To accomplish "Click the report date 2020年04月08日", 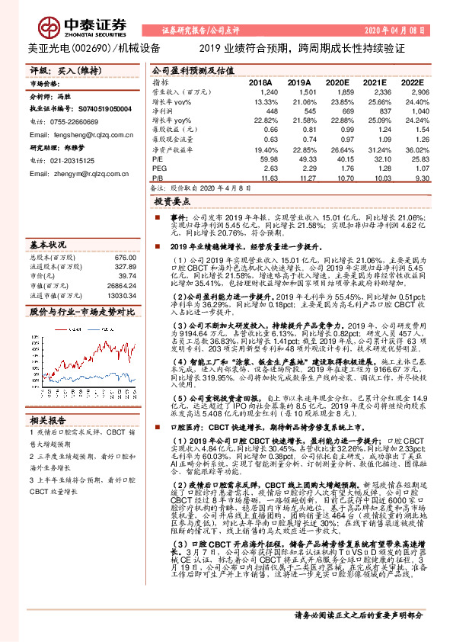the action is click(394, 30).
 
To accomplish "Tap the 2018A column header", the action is click(260, 82).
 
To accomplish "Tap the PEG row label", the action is click(158, 168).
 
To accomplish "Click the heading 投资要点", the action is click(172, 202).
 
